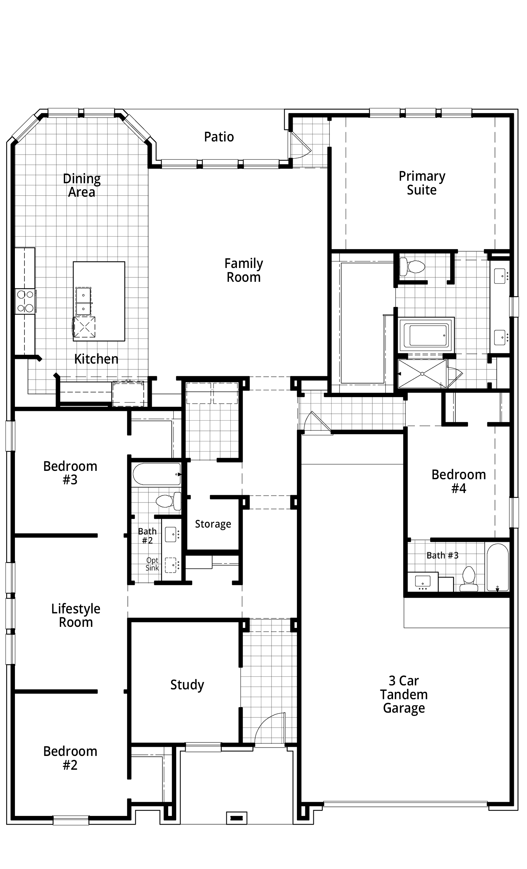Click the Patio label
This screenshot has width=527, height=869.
(219, 137)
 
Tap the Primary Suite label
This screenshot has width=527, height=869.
(422, 183)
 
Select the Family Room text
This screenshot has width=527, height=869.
(243, 270)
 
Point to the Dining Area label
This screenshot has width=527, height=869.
(82, 185)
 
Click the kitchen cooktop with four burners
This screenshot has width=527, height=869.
(25, 301)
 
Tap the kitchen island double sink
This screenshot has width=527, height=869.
(83, 301)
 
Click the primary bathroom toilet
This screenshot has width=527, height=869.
(412, 267)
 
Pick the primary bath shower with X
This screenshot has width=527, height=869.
(422, 373)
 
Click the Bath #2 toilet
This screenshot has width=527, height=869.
(169, 501)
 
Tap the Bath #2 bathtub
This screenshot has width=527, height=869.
(156, 474)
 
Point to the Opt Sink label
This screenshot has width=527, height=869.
(152, 564)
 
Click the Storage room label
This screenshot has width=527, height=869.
(213, 524)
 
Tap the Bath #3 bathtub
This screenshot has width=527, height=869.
(498, 567)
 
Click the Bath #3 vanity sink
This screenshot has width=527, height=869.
(423, 582)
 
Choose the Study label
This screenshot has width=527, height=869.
(187, 685)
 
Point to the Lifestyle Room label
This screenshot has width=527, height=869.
(76, 616)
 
